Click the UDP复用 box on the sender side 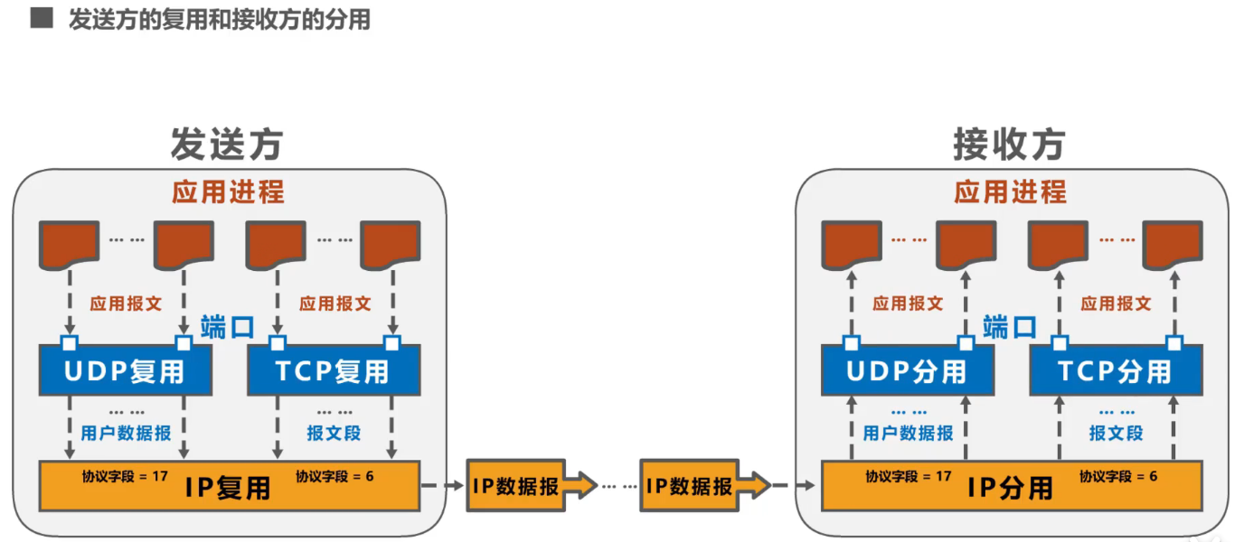coord(125,370)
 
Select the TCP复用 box coord(334,370)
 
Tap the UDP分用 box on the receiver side coord(907,370)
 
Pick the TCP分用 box coord(1115,370)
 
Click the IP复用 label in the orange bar coord(228,488)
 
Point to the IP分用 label coord(1010,488)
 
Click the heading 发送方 coord(227,145)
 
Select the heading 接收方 coord(1009,145)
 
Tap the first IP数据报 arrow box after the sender coord(525,486)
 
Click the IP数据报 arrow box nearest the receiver coord(699,486)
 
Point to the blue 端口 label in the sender coord(227,327)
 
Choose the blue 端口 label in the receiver coord(1009,327)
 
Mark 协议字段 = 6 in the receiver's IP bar coord(1117,475)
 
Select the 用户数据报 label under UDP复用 coord(126,434)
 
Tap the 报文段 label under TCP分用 coord(1116,434)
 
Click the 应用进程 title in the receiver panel coord(1010,192)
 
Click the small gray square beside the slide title coord(42,18)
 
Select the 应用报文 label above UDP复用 coord(126,304)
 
